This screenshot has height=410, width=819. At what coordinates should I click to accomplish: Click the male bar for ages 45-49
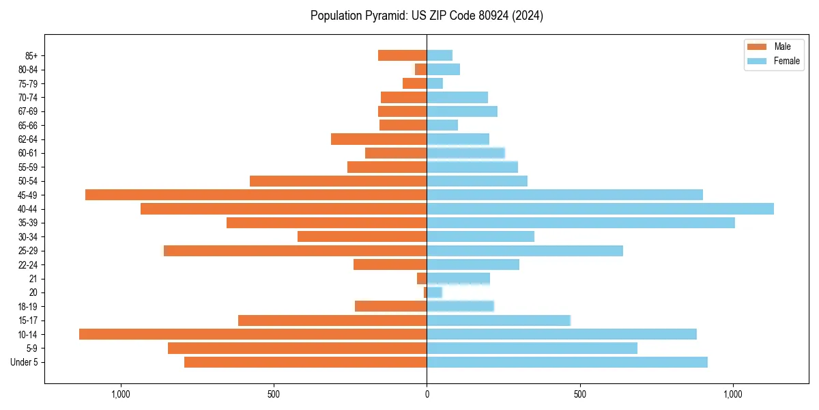point(256,195)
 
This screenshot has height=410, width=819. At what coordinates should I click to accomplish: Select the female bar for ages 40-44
point(600,208)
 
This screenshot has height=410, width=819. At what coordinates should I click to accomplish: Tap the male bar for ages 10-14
point(253,334)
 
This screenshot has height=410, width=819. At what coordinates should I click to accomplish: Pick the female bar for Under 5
point(566,362)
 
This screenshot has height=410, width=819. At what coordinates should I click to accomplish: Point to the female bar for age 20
point(434,292)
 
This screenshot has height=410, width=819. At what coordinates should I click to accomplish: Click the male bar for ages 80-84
point(421,69)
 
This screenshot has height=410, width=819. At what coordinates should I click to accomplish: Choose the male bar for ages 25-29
point(295,251)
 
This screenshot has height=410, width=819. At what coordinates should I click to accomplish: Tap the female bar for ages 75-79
point(435,83)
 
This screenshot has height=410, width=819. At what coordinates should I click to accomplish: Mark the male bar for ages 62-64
point(379,139)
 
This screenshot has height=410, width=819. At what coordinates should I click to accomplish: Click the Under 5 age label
point(25,362)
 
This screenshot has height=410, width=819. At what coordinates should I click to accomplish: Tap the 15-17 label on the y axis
point(27,320)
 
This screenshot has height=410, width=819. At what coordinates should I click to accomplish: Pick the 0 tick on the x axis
point(427,394)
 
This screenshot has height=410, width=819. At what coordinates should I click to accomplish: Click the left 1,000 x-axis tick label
point(120,394)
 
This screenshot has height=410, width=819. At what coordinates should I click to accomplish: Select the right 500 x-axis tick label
point(579,394)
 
